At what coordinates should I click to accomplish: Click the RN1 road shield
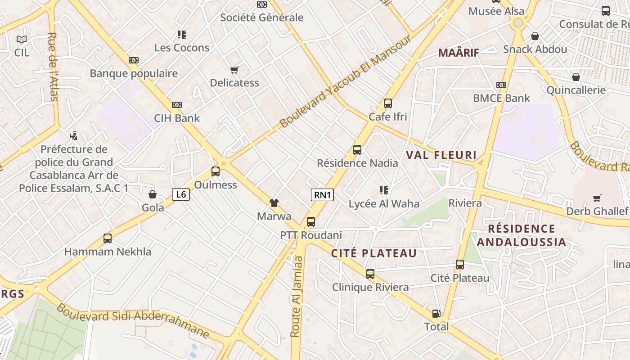(x=322, y=195)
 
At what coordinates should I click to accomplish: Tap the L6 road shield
(x=180, y=194)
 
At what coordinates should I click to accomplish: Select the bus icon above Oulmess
(x=216, y=171)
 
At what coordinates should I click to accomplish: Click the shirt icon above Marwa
(x=274, y=203)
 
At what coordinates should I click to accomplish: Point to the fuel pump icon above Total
(x=436, y=314)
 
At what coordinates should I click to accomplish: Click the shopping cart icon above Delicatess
(x=234, y=70)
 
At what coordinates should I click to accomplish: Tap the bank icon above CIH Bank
(x=177, y=105)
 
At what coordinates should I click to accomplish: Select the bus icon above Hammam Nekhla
(x=108, y=238)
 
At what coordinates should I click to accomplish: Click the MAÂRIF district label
(x=459, y=53)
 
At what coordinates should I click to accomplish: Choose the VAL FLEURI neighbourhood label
(x=441, y=155)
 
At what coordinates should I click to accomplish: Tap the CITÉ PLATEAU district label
(x=374, y=253)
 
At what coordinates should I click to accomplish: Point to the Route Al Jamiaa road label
(x=297, y=296)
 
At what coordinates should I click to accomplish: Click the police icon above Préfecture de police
(x=73, y=135)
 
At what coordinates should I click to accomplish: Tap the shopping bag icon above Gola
(x=153, y=194)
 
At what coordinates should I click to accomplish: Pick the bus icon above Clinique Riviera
(x=370, y=274)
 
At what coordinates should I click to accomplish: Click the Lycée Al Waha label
(x=384, y=204)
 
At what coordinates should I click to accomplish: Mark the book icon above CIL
(x=21, y=40)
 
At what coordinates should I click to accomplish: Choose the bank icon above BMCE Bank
(x=501, y=85)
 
